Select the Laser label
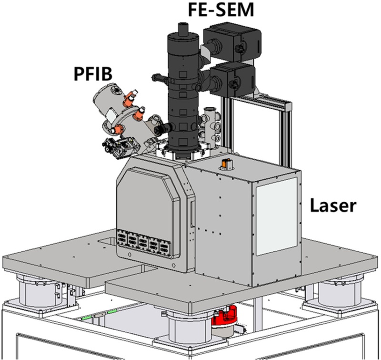coord(332,206)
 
